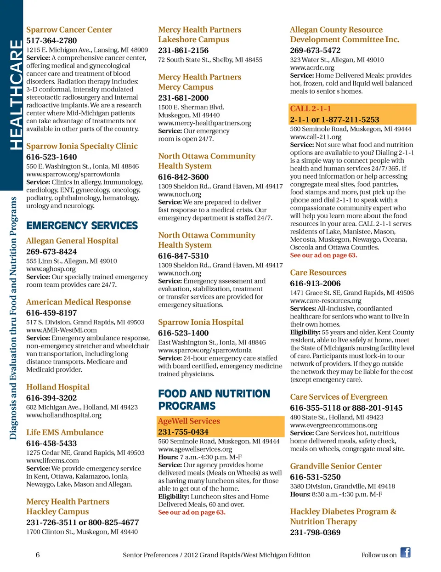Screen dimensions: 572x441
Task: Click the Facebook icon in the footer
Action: click(405, 552)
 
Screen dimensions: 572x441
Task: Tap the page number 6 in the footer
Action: click(38, 555)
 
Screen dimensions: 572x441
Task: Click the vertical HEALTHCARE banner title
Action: click(15, 94)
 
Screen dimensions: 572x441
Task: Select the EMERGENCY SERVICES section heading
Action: click(82, 226)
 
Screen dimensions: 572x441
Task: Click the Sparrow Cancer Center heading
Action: click(69, 30)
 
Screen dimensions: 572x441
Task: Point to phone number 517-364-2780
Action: click(51, 41)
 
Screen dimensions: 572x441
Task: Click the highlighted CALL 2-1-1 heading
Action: click(311, 109)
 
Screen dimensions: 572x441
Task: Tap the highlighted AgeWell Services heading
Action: click(189, 421)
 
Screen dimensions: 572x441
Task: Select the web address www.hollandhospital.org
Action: click(64, 415)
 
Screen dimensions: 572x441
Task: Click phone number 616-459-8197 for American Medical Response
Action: click(51, 313)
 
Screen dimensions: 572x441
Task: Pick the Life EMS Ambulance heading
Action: click(65, 432)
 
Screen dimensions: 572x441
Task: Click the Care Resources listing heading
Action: click(318, 272)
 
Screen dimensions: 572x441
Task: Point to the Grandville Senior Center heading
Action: click(336, 466)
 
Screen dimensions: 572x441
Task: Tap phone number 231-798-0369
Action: click(315, 532)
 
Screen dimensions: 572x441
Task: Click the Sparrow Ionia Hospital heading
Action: click(201, 322)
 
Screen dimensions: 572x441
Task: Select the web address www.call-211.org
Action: click(316, 137)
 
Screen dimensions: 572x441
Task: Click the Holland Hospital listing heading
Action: click(58, 387)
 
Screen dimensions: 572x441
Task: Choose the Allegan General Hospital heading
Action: click(72, 241)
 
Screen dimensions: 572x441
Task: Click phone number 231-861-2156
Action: click(183, 51)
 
